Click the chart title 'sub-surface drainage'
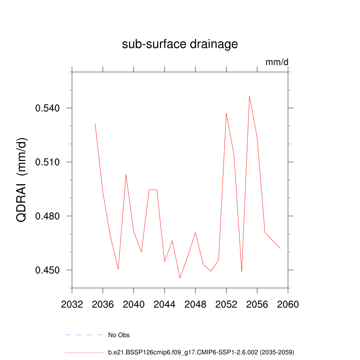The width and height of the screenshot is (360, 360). click(x=180, y=44)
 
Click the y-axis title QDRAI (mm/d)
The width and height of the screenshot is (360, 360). click(x=22, y=180)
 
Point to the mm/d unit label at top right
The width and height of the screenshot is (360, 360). click(x=277, y=62)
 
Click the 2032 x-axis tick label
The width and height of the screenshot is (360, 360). click(x=72, y=304)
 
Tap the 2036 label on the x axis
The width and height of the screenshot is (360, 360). click(x=103, y=304)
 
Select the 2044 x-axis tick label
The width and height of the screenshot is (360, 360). click(x=165, y=304)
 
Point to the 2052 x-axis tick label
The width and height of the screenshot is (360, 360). click(x=226, y=304)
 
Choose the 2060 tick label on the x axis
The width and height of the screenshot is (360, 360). click(x=288, y=304)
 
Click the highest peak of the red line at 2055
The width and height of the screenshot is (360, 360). click(x=249, y=96)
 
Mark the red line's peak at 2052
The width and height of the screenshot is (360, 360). click(x=226, y=113)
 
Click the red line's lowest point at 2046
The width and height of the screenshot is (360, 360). click(x=180, y=278)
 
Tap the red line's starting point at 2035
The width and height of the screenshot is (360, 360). click(x=95, y=123)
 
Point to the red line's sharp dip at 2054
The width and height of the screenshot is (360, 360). click(x=242, y=271)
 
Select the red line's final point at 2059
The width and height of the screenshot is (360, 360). click(x=280, y=249)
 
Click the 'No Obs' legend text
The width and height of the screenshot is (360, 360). click(x=119, y=335)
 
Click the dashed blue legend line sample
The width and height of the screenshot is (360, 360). click(x=84, y=335)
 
